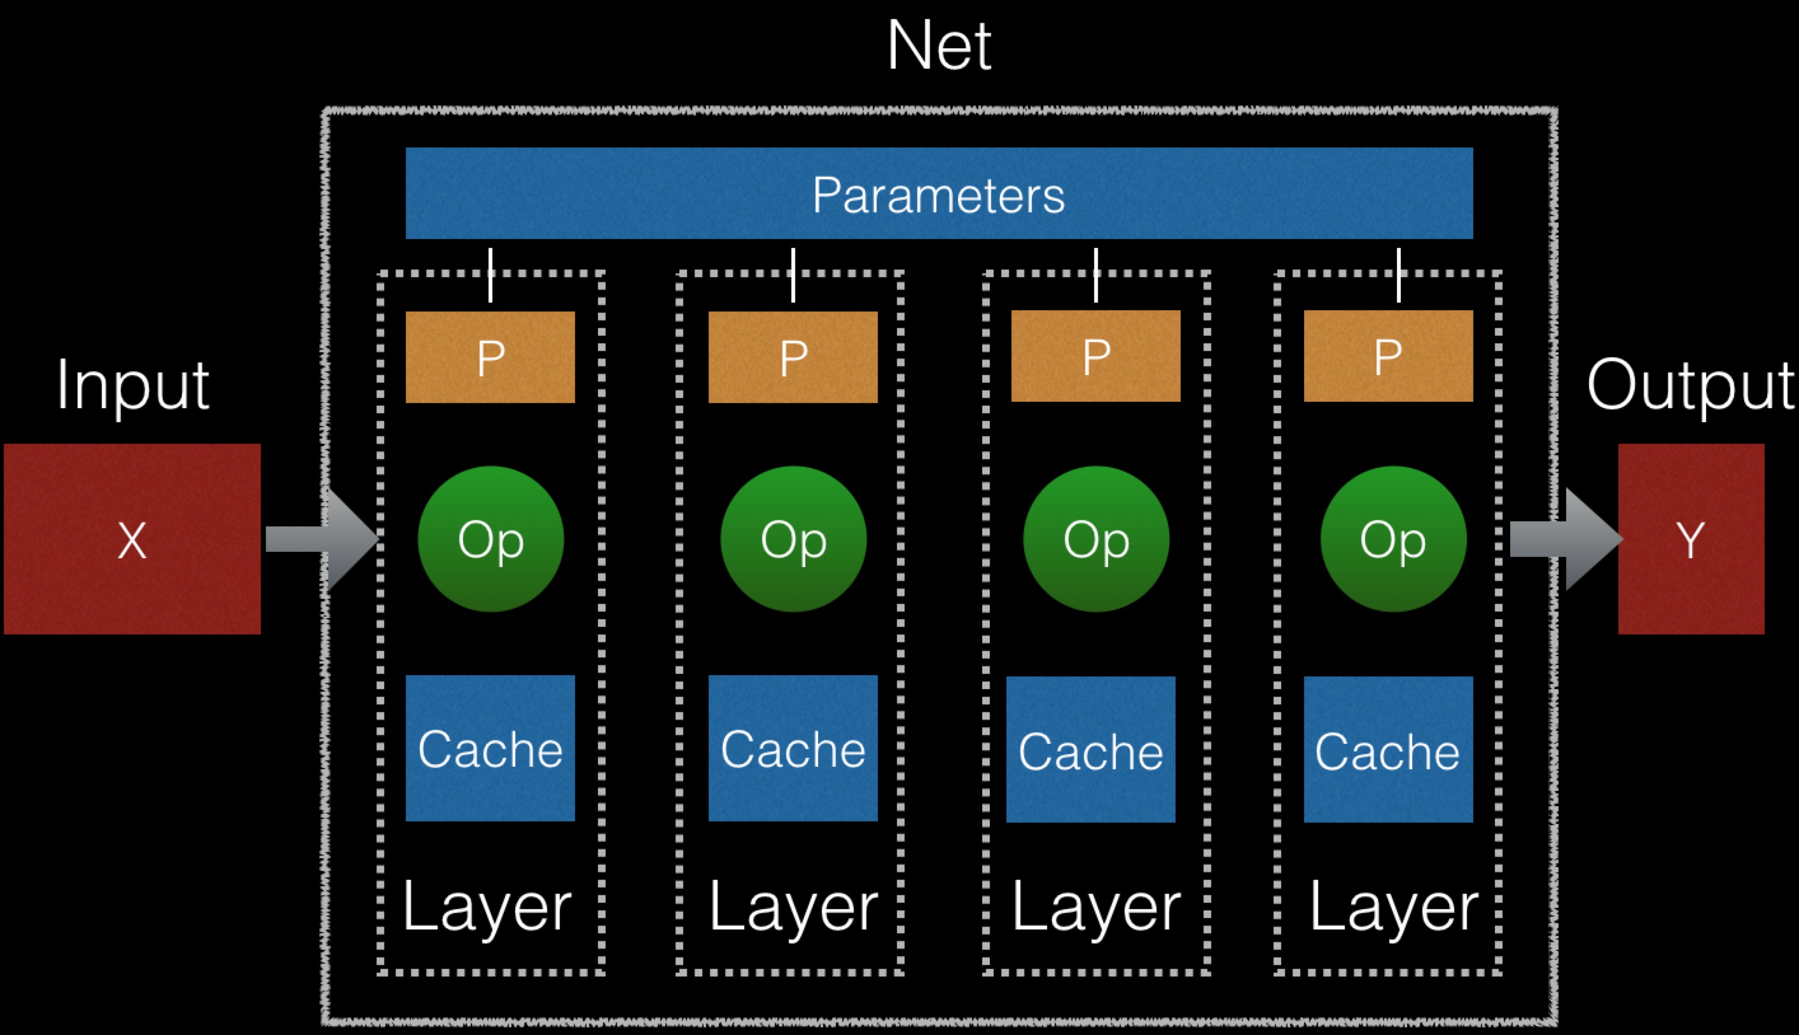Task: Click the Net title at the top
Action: pyautogui.click(x=938, y=46)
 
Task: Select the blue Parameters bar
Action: pyautogui.click(x=938, y=193)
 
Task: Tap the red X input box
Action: pyautogui.click(x=132, y=539)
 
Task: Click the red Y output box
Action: pyautogui.click(x=1691, y=539)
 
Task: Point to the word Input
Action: pyautogui.click(x=133, y=385)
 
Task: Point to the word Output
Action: pyautogui.click(x=1690, y=385)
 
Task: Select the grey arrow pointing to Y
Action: pyautogui.click(x=1564, y=539)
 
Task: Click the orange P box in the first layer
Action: pyautogui.click(x=490, y=357)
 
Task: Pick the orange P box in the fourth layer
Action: pyautogui.click(x=1388, y=355)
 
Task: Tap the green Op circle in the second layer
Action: pyautogui.click(x=793, y=539)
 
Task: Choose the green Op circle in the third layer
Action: pyautogui.click(x=1096, y=539)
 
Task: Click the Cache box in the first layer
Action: pyautogui.click(x=490, y=748)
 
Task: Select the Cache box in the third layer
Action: pyautogui.click(x=1090, y=750)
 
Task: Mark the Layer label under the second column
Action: pyautogui.click(x=793, y=908)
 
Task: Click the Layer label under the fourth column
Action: pyautogui.click(x=1394, y=908)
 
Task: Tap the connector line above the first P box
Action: pyautogui.click(x=490, y=275)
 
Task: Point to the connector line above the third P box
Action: pyautogui.click(x=1096, y=275)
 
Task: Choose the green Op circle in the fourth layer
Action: pyautogui.click(x=1393, y=539)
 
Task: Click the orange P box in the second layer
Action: pyautogui.click(x=793, y=357)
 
